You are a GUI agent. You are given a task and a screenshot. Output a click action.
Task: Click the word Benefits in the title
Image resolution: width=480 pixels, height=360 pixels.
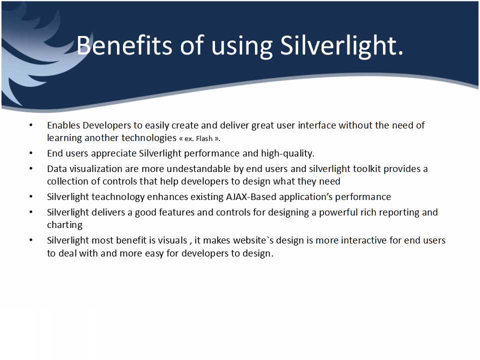click(124, 45)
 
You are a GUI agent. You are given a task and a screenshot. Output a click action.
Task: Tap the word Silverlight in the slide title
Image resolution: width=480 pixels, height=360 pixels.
click(341, 46)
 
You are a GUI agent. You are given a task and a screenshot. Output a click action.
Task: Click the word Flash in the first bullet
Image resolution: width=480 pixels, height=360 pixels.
click(204, 138)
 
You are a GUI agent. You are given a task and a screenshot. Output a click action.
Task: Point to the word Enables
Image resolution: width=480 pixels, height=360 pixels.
click(63, 125)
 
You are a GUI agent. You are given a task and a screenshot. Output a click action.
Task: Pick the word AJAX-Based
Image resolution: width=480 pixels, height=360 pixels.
click(251, 196)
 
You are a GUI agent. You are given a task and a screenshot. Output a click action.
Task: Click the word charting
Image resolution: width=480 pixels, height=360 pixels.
click(64, 225)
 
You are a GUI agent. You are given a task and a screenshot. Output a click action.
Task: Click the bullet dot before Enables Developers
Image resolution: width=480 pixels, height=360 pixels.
click(31, 125)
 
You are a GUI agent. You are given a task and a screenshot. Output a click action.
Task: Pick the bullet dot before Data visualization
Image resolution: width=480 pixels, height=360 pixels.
click(31, 168)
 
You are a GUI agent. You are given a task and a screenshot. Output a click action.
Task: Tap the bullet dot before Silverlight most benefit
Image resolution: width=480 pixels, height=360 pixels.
click(31, 240)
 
